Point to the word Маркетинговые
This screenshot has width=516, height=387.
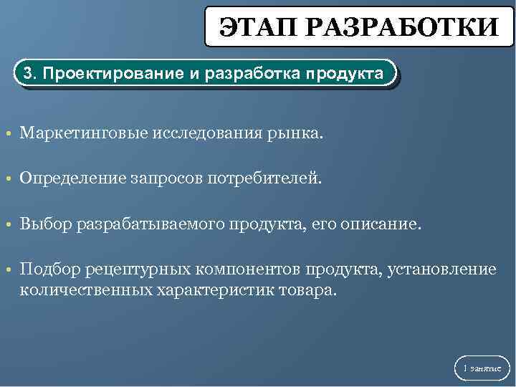tap(83, 133)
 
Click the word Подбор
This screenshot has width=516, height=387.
tap(51, 269)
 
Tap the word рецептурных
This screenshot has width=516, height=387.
tap(135, 270)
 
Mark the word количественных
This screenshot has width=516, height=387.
tap(85, 290)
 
